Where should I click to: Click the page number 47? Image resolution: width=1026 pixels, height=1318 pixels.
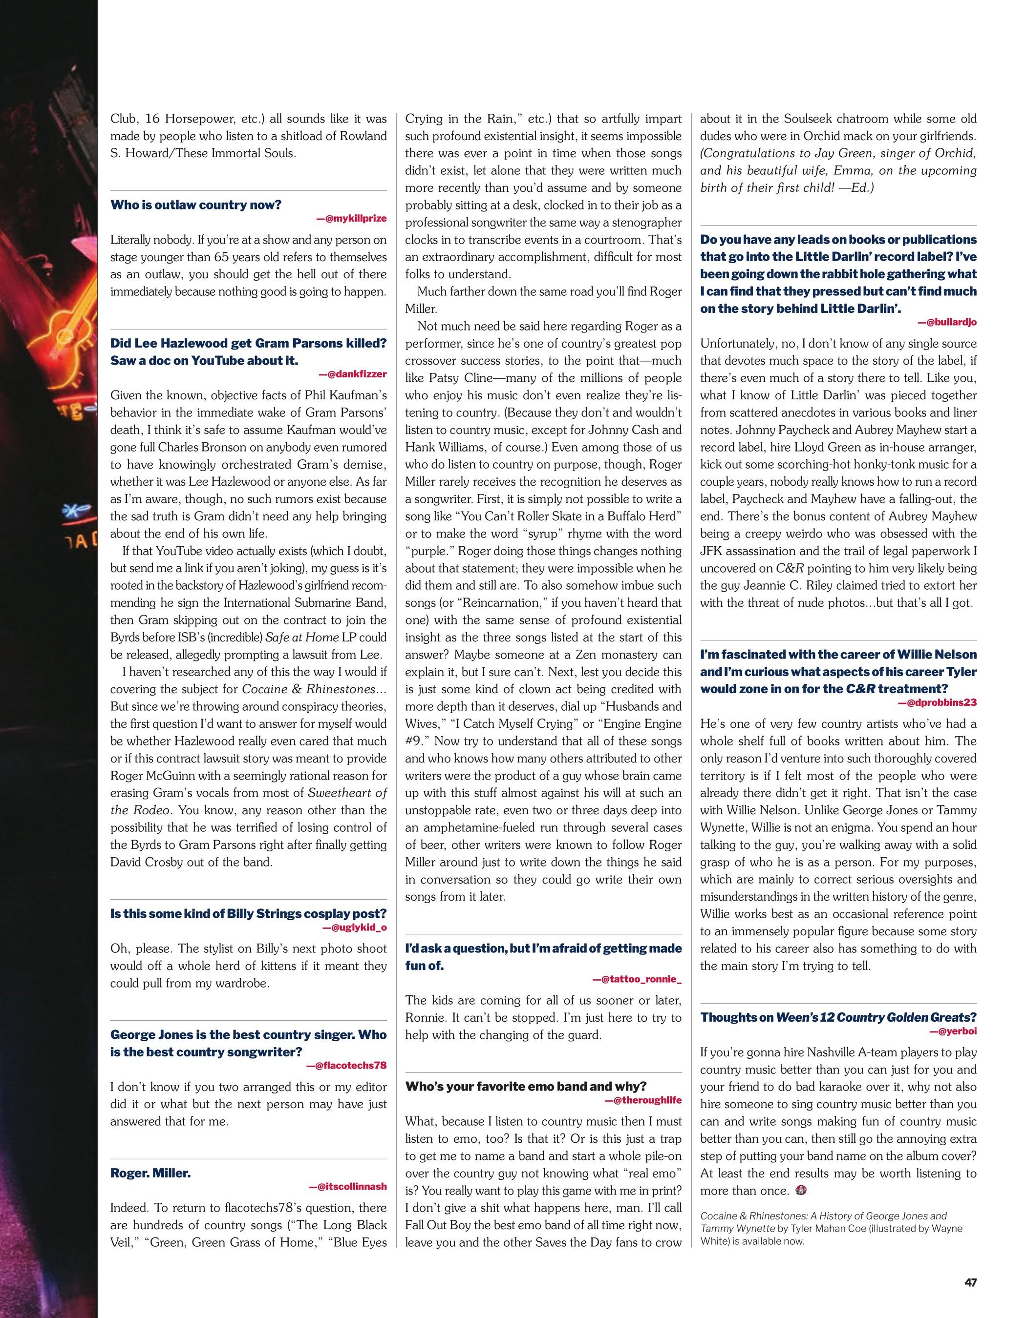pyautogui.click(x=969, y=1278)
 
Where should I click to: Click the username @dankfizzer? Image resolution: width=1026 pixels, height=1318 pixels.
pyautogui.click(x=353, y=373)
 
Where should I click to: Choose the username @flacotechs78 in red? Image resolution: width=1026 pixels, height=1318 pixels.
pyautogui.click(x=347, y=1065)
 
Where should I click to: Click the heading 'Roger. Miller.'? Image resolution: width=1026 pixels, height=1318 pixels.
pyautogui.click(x=150, y=1173)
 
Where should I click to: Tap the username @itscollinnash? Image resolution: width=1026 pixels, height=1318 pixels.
pyautogui.click(x=348, y=1186)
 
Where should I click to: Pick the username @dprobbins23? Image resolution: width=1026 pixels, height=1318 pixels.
pyautogui.click(x=938, y=702)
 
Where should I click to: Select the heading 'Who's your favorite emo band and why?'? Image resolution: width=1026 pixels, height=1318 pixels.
pyautogui.click(x=526, y=1086)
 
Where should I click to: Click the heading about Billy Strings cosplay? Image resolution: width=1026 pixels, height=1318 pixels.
pyautogui.click(x=248, y=913)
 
